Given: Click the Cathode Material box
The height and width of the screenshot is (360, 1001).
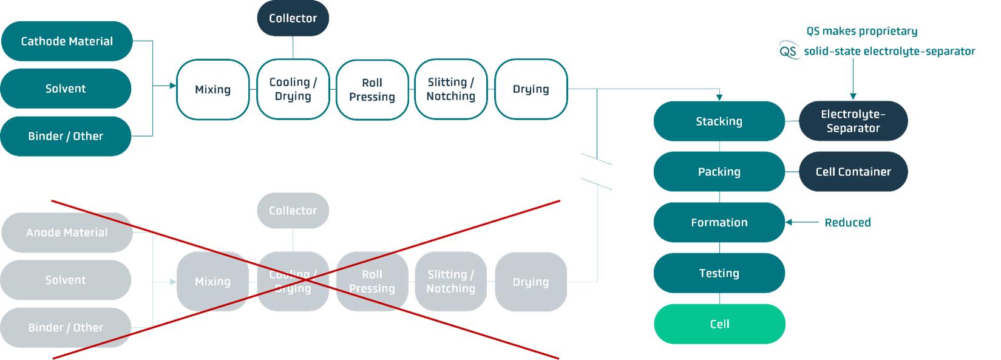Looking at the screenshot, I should (67, 41).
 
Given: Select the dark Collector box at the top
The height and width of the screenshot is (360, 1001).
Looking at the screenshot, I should (293, 18).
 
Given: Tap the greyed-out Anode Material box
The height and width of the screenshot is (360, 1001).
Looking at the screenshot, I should (67, 233).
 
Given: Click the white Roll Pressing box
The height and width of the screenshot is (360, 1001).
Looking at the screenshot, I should (372, 89).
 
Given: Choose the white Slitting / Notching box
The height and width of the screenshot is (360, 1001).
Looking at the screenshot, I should (450, 89).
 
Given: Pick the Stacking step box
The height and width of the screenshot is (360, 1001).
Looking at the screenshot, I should (719, 121).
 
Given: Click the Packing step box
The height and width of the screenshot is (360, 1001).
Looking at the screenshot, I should (719, 172).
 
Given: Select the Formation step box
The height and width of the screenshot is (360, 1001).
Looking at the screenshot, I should (719, 222).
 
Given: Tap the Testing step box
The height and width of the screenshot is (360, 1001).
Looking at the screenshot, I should (719, 273).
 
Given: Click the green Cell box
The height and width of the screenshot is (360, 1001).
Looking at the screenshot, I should (719, 324).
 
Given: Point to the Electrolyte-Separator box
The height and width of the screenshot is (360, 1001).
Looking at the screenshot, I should (853, 121).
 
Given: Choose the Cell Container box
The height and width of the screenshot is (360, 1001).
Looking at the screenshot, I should (853, 172).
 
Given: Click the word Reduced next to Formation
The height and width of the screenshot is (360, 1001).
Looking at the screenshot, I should (847, 222).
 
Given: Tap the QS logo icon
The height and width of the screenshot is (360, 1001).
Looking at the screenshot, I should (788, 52).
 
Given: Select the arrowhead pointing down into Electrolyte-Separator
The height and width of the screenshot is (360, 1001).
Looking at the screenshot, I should (853, 96).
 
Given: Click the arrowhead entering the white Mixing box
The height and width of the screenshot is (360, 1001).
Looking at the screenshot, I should (173, 86).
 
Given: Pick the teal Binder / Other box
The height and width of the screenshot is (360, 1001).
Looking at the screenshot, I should (66, 136).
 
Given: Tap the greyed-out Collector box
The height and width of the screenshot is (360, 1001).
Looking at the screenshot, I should (293, 211).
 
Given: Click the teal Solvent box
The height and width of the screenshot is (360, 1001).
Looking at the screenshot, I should (66, 89).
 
